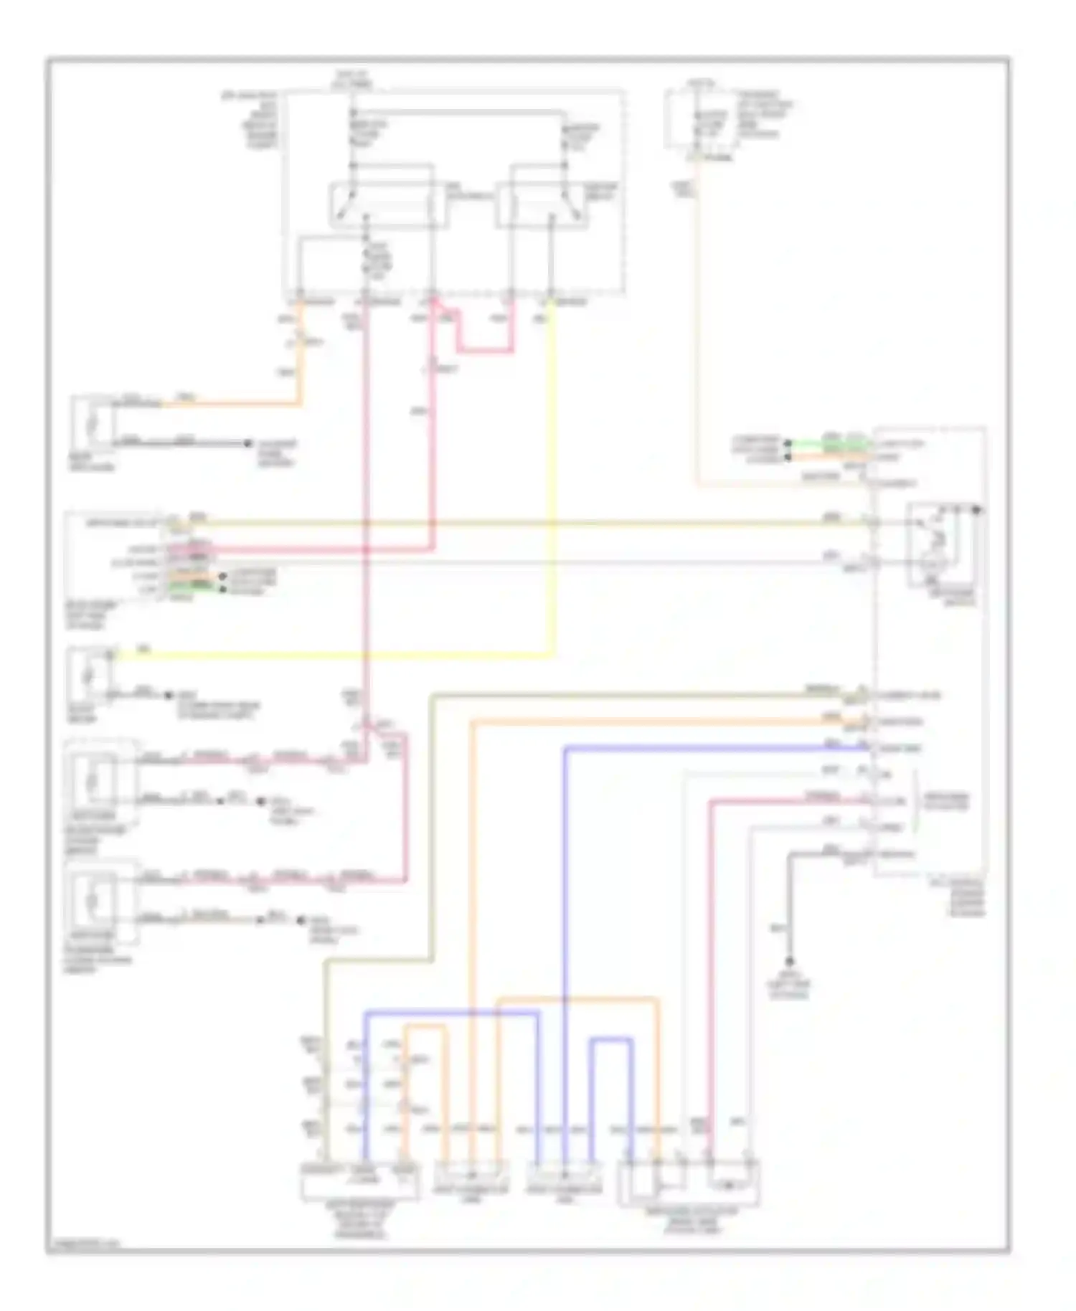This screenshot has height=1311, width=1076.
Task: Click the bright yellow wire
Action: click(330, 655)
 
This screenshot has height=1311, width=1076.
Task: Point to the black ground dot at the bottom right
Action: click(789, 961)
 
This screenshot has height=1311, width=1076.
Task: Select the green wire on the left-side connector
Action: click(192, 587)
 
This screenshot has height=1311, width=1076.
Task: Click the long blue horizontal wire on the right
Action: click(717, 748)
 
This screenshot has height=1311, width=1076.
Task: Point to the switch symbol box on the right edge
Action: click(943, 545)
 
